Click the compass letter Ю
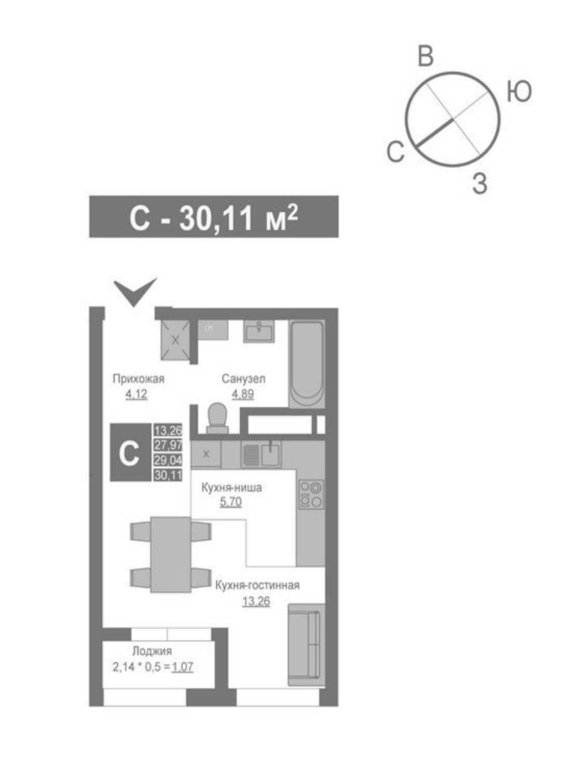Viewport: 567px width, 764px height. [519, 92]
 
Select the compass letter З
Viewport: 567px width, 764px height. [480, 183]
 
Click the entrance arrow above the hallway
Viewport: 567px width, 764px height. [135, 292]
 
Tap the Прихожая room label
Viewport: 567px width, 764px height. [139, 379]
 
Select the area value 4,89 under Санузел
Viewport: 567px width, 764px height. [243, 394]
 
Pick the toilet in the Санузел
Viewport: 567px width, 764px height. [218, 418]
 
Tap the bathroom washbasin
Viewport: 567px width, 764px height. [258, 331]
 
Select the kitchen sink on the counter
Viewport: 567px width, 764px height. [261, 455]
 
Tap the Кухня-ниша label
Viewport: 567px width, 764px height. [231, 488]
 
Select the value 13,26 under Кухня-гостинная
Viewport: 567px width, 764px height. [256, 602]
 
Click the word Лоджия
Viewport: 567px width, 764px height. [152, 651]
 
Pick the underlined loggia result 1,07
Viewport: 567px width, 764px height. [183, 667]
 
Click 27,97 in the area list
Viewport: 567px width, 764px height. [167, 445]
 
